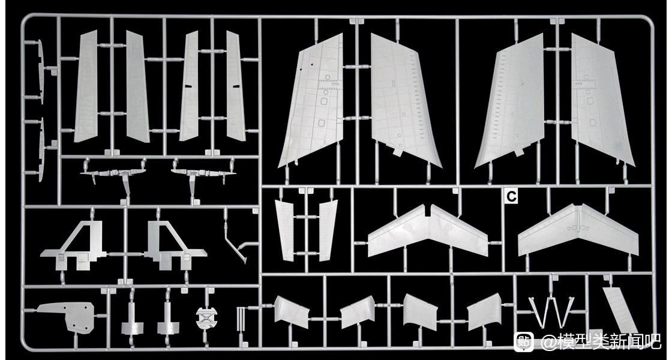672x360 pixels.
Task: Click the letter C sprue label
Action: click(x=511, y=196)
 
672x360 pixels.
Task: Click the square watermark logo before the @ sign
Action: click(x=524, y=341)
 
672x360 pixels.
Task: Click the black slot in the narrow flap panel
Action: click(x=188, y=86)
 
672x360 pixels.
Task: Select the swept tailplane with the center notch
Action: click(x=427, y=231)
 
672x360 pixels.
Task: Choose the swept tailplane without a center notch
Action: click(x=578, y=231)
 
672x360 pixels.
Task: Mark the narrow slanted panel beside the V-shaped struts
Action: click(x=620, y=309)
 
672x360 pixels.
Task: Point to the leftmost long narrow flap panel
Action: click(x=86, y=87)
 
